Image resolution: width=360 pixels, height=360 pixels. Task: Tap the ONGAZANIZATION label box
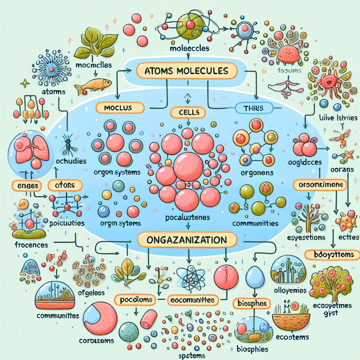point(187,241)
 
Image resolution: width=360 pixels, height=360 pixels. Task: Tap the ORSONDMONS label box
point(320,185)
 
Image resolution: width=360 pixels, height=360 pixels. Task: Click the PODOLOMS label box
point(135,300)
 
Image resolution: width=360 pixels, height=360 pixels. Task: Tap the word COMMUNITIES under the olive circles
point(255,223)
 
